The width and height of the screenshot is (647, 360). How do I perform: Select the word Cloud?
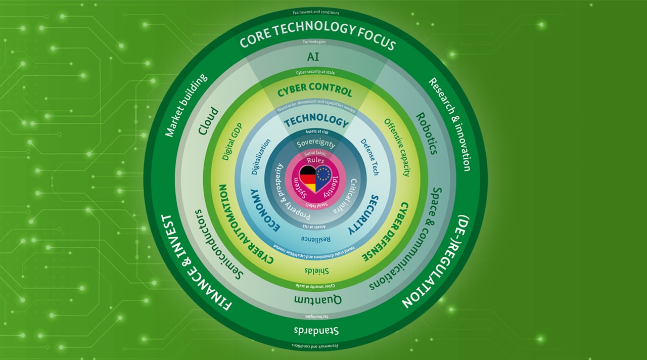(x=208, y=121)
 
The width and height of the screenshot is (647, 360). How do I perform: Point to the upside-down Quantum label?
(x=317, y=300)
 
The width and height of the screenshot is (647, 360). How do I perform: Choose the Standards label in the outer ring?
(x=315, y=331)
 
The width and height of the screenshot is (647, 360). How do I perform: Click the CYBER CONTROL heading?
(x=315, y=92)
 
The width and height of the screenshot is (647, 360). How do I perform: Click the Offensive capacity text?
(x=397, y=147)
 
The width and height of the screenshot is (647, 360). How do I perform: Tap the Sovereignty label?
(x=316, y=144)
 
